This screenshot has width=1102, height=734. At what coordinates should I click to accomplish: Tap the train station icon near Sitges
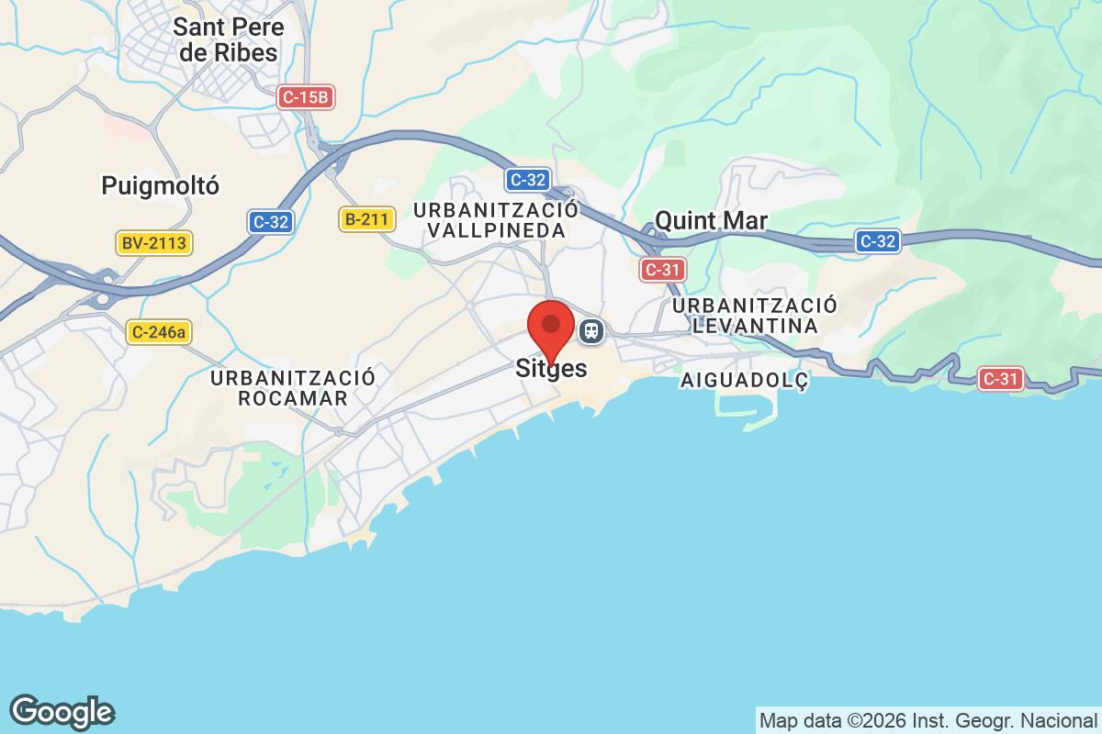pyautogui.click(x=592, y=330)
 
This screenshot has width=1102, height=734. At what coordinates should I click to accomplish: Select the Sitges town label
pyautogui.click(x=551, y=369)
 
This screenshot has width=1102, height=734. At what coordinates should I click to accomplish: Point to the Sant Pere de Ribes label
pyautogui.click(x=229, y=40)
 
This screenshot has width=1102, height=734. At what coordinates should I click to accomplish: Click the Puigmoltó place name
pyautogui.click(x=161, y=186)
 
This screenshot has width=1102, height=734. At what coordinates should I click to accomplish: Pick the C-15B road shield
pyautogui.click(x=304, y=96)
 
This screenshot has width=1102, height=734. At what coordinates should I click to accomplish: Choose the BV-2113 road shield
pyautogui.click(x=153, y=243)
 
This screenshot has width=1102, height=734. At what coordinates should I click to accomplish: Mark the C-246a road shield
pyautogui.click(x=159, y=333)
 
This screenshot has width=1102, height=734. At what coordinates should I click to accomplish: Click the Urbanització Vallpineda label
pyautogui.click(x=496, y=220)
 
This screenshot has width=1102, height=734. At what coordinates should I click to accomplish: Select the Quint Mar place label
pyautogui.click(x=711, y=220)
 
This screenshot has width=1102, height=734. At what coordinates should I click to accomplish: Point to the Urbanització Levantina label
pyautogui.click(x=755, y=315)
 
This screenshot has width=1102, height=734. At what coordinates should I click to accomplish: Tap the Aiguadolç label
pyautogui.click(x=745, y=381)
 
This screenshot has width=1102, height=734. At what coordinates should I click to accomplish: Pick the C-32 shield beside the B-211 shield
pyautogui.click(x=271, y=221)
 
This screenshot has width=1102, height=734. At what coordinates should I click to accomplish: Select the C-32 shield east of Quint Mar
pyautogui.click(x=877, y=241)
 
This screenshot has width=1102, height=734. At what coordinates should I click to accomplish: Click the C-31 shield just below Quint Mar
pyautogui.click(x=662, y=269)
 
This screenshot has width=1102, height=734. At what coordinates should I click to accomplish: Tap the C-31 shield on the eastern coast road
pyautogui.click(x=1000, y=379)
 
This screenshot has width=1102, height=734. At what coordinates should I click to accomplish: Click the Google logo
pyautogui.click(x=62, y=712)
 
